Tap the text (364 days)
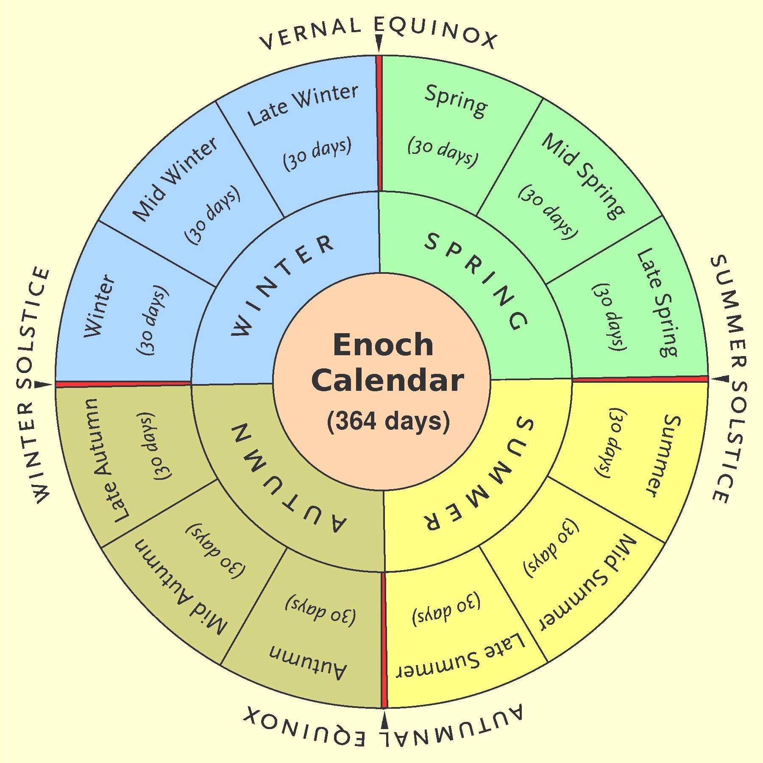[388, 421]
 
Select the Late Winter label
[303, 105]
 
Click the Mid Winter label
[175, 179]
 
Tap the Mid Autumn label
[181, 588]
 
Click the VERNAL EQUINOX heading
[379, 33]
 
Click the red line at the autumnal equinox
[384, 640]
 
